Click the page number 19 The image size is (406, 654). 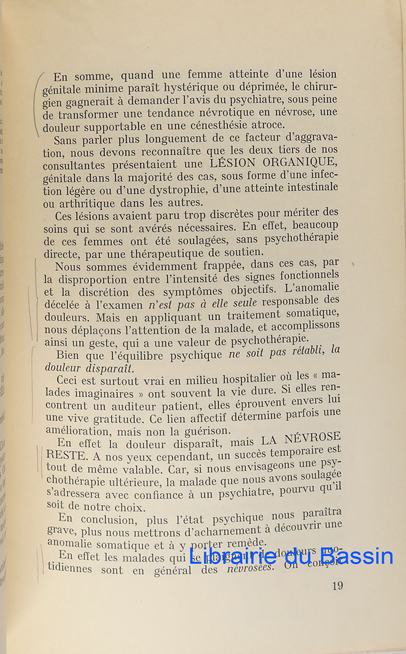[x=337, y=586]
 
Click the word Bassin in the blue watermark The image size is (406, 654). [x=356, y=556]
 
